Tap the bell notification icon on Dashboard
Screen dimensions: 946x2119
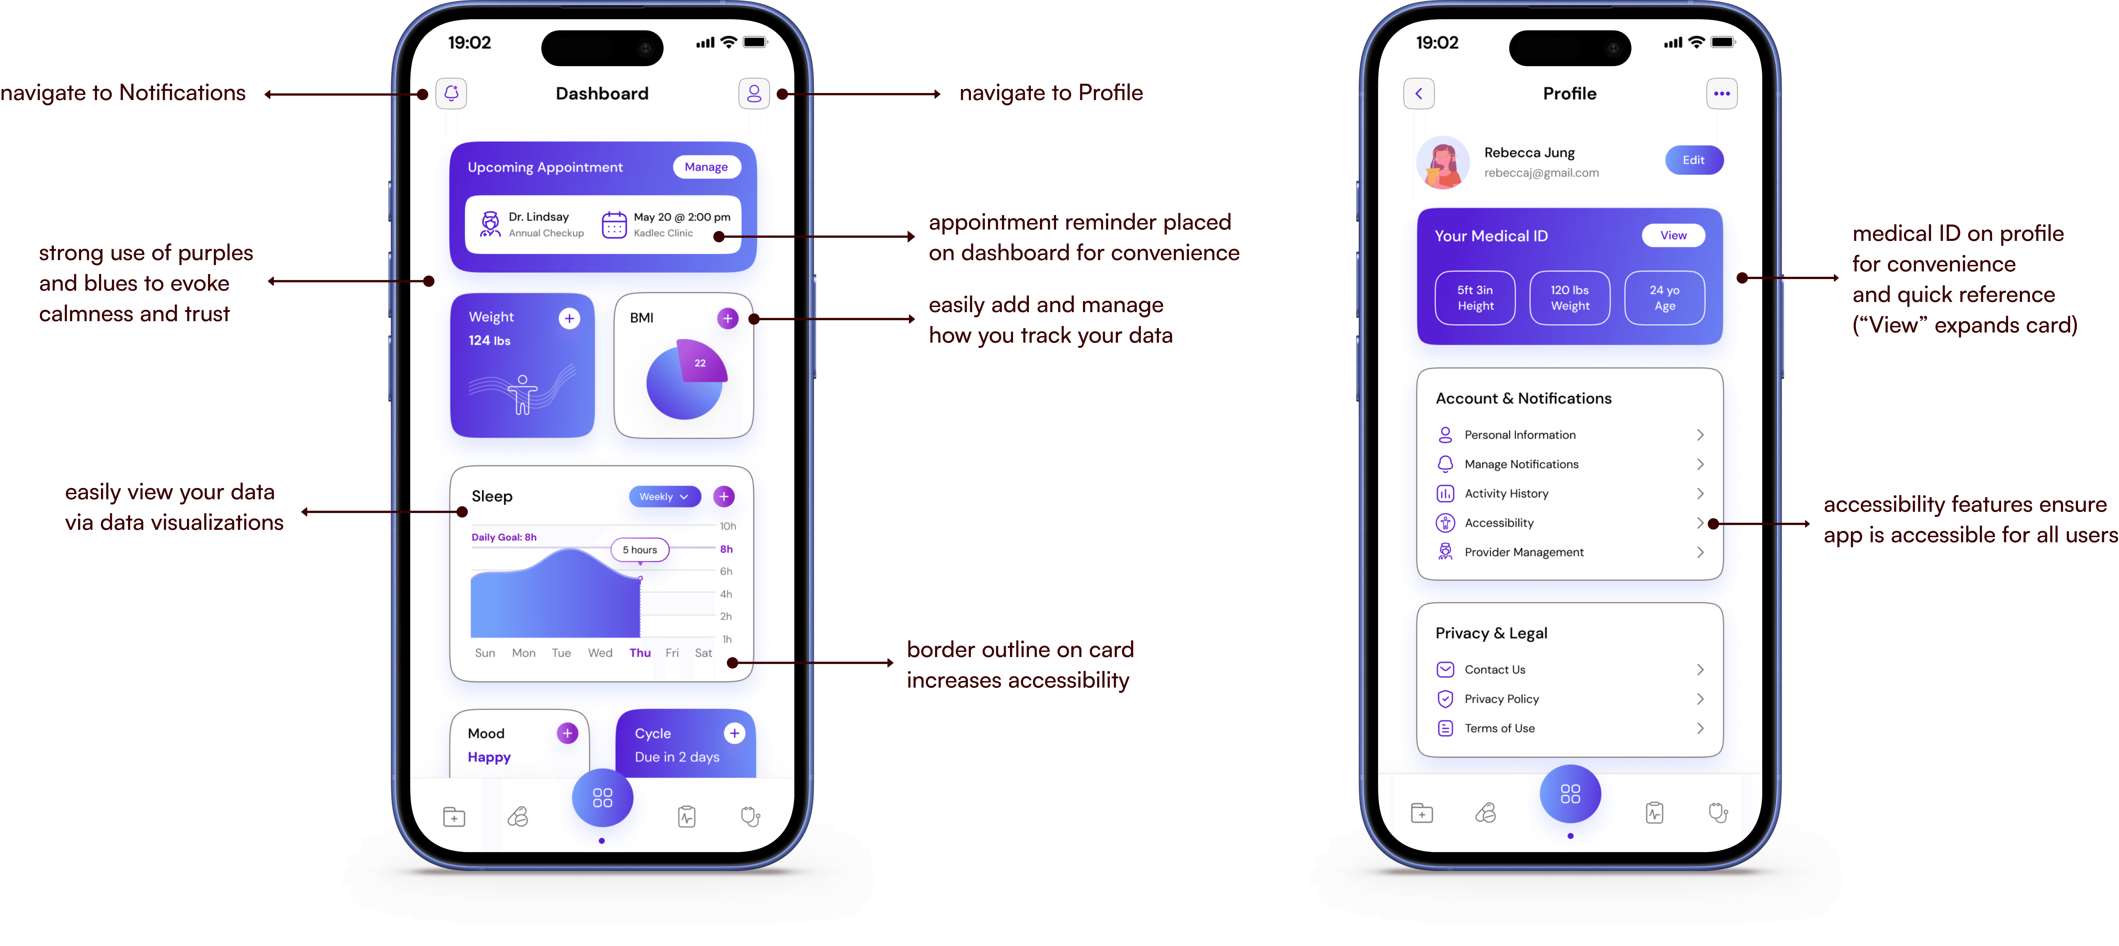pyautogui.click(x=451, y=94)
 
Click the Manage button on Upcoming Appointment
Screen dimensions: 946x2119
pyautogui.click(x=706, y=167)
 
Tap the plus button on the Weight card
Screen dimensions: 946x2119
pyautogui.click(x=569, y=318)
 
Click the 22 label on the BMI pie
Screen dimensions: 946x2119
pyautogui.click(x=700, y=363)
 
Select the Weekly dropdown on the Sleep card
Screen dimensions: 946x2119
pyautogui.click(x=664, y=497)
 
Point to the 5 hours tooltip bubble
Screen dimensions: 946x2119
pyautogui.click(x=640, y=550)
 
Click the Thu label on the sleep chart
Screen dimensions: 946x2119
pyautogui.click(x=640, y=653)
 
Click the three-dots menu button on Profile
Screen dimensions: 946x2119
pyautogui.click(x=1722, y=94)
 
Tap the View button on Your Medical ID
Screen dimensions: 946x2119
pyautogui.click(x=1673, y=235)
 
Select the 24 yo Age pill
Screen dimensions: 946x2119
pyautogui.click(x=1664, y=298)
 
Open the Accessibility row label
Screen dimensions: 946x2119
pyautogui.click(x=1499, y=523)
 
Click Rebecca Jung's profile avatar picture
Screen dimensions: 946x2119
pyautogui.click(x=1443, y=162)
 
